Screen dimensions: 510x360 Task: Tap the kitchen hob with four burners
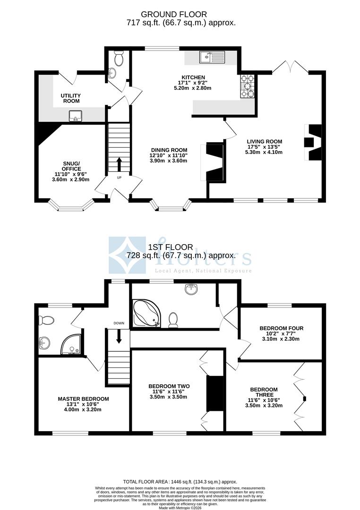click(248, 86)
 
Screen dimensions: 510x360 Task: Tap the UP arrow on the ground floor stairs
click(118, 165)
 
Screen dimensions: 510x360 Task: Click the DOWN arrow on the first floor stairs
click(118, 336)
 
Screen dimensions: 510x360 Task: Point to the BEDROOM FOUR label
click(281, 328)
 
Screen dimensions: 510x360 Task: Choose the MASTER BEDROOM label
click(83, 399)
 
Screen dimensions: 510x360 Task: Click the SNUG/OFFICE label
click(72, 166)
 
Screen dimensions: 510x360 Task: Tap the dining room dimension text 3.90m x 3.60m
click(169, 161)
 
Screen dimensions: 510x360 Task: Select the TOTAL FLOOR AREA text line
click(180, 482)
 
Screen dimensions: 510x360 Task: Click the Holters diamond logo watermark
click(127, 255)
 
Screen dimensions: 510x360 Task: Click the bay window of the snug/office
click(72, 206)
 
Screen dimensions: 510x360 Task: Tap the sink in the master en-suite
click(45, 342)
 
